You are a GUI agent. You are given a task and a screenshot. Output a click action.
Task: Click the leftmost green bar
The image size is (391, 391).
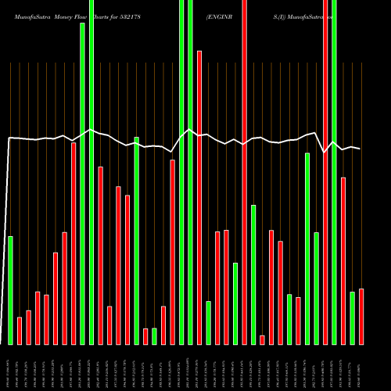point(10,290)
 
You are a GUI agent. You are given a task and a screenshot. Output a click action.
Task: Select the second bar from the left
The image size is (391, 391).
point(20,331)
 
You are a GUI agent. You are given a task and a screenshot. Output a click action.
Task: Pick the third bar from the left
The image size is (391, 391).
point(29,328)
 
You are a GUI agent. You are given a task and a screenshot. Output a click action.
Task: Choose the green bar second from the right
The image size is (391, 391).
point(352,318)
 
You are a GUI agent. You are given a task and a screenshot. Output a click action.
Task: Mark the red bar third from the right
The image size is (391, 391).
point(343,261)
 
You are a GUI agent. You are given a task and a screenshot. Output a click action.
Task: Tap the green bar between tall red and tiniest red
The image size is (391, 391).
point(253,274)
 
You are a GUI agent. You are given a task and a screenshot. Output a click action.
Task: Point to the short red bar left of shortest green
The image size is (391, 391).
point(145,336)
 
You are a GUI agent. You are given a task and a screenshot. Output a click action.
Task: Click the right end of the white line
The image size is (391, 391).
point(361,149)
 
